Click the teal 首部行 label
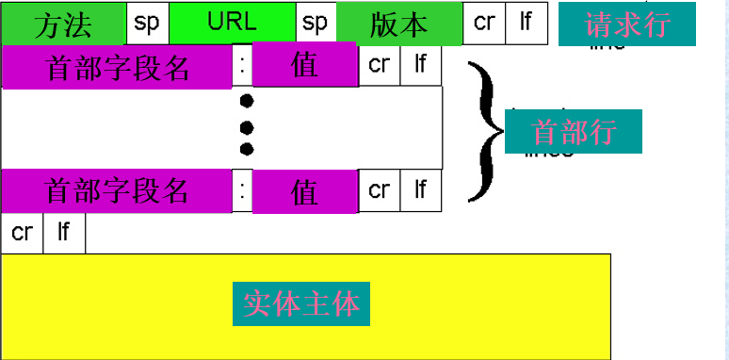(574, 131)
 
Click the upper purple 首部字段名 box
(117, 66)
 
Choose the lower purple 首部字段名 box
(117, 190)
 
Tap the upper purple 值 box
(304, 66)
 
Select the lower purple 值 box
(304, 191)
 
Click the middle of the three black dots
(247, 125)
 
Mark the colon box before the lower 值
(242, 191)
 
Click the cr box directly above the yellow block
(22, 233)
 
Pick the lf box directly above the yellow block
(63, 233)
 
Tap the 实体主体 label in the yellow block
(301, 303)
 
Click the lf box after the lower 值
(421, 191)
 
